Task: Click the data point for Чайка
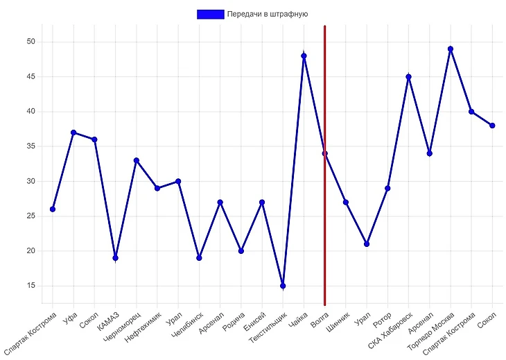pos(304,55)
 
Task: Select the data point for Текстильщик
pos(283,286)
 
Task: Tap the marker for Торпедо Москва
pos(451,49)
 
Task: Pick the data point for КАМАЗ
pos(115,258)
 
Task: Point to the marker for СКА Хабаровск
pos(408,77)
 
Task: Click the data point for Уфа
pos(73,132)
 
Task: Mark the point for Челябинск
pos(199,258)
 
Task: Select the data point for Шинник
pos(346,202)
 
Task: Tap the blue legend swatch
pos(210,14)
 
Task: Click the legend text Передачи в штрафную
pos(267,14)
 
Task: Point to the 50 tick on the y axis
pos(30,42)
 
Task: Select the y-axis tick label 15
pos(30,286)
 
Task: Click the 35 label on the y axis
pos(30,146)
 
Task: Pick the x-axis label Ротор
pos(382,320)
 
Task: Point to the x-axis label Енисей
pos(255,321)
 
